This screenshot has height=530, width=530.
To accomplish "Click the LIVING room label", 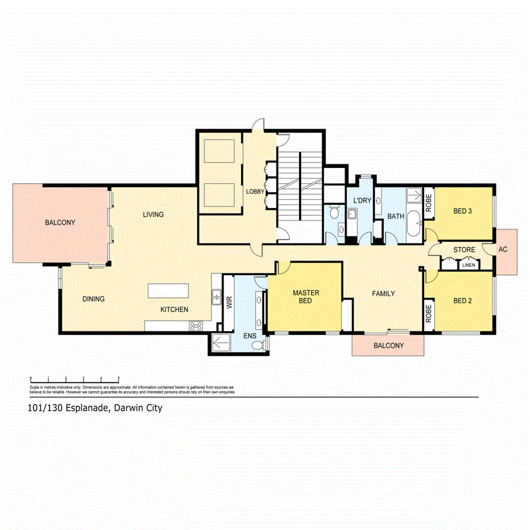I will pyautogui.click(x=153, y=214).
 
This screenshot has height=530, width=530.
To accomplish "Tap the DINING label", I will pyautogui.click(x=94, y=299).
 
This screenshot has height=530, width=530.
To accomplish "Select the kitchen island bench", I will pyautogui.click(x=168, y=291).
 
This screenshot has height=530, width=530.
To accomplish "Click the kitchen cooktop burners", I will pyautogui.click(x=196, y=326).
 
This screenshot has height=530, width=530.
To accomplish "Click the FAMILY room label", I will pyautogui.click(x=383, y=293).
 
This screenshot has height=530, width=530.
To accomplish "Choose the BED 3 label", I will pyautogui.click(x=462, y=211).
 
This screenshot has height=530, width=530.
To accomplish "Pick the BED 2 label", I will pyautogui.click(x=462, y=301).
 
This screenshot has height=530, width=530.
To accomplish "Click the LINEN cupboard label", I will pyautogui.click(x=468, y=265).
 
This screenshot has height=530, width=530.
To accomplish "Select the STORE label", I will pyautogui.click(x=464, y=250).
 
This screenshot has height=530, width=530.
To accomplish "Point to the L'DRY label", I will pyautogui.click(x=362, y=201).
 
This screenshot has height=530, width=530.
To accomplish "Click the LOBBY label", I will pyautogui.click(x=254, y=192).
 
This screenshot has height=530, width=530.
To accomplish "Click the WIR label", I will pyautogui.click(x=229, y=303).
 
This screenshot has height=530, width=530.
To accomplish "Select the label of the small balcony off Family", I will pyautogui.click(x=389, y=346).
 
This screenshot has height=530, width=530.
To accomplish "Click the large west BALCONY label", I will pyautogui.click(x=60, y=223).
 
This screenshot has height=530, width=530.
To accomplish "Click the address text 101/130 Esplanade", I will pyautogui.click(x=94, y=407).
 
